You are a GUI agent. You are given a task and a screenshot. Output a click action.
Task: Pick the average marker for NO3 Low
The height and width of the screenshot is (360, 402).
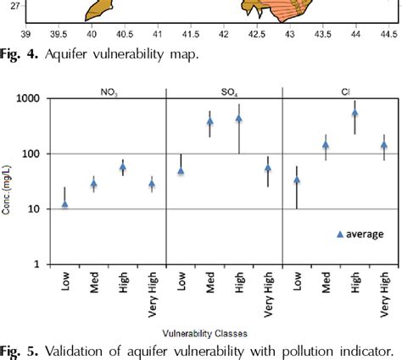[65, 204]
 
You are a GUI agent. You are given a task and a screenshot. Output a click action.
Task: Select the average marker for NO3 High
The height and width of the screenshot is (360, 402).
[123, 167]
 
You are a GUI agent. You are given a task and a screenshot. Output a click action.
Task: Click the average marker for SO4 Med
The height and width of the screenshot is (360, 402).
[209, 121]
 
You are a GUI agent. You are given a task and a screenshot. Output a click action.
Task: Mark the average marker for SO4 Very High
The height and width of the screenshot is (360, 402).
[267, 168]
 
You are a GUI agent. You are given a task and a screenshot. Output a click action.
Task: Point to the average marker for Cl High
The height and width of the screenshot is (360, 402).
[355, 113]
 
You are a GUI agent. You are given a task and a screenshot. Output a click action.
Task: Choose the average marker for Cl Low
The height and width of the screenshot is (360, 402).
[297, 180]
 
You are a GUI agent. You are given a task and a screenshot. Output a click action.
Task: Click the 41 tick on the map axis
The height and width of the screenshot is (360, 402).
[157, 34]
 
